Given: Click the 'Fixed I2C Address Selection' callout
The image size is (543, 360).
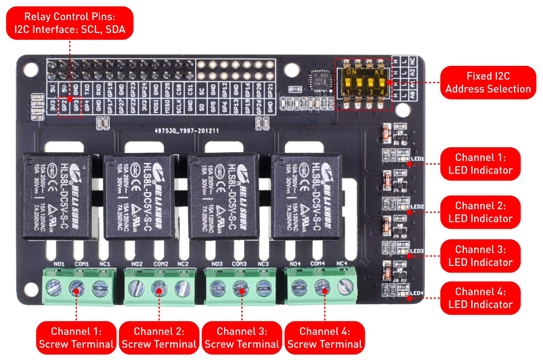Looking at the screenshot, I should pos(488,82).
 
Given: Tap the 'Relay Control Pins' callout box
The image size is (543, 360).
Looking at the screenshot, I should pos(70,23).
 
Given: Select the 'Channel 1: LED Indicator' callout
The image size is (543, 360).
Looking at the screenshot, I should pos(480,164).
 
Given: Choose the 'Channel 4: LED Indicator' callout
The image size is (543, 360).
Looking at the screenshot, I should pos(480,298).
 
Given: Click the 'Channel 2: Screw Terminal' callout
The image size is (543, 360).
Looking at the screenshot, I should pos(159,338).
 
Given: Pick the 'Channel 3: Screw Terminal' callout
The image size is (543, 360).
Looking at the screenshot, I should pos(242,338).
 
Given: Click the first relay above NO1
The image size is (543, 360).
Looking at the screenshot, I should pos(57,196).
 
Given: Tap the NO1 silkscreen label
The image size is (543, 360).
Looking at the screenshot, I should pos(59,264).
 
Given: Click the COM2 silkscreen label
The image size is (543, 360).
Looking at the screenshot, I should pos(161,264).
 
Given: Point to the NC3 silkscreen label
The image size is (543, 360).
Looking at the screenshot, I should pos(263,264).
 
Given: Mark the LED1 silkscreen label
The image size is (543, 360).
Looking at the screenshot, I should pos(417,159).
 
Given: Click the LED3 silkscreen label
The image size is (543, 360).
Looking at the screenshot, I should pos(417,251).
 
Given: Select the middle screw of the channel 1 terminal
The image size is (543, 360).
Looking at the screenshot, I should pos(77,288).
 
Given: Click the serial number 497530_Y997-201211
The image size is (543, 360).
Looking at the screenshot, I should pos(187,131).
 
